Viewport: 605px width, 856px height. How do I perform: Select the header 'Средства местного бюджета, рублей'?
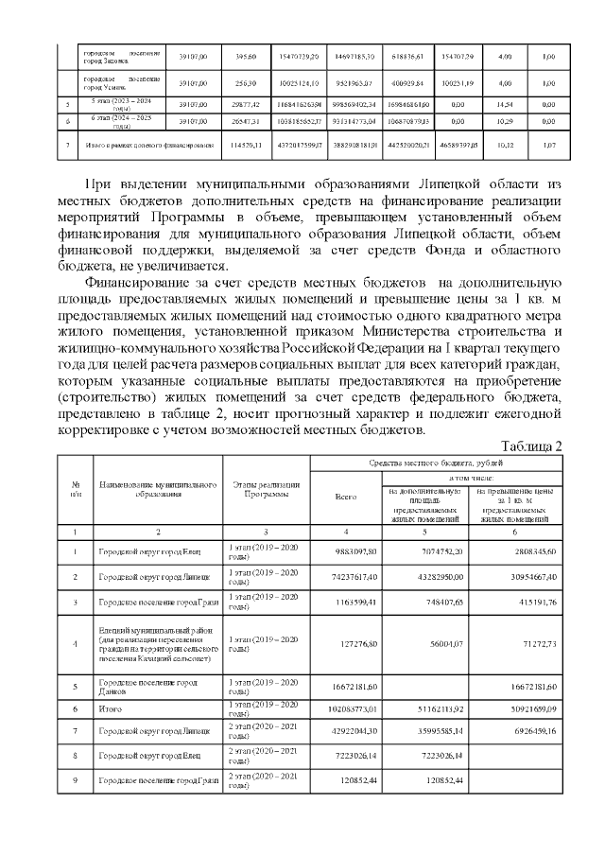point(438,465)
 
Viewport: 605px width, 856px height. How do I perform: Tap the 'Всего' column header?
point(347,497)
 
